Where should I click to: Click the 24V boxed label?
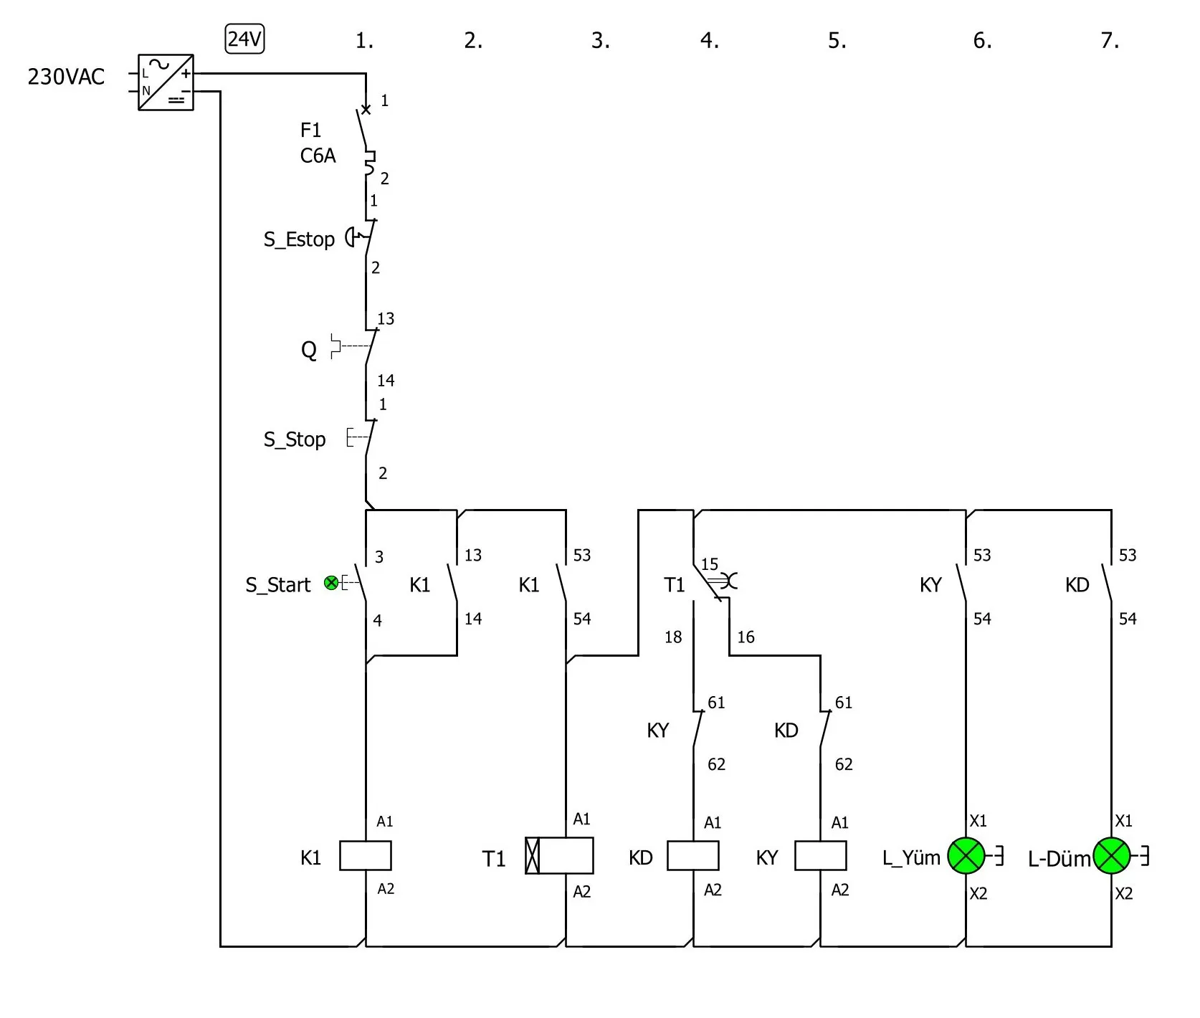pos(244,39)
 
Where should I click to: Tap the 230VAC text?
pos(66,77)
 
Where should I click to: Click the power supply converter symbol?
pos(166,82)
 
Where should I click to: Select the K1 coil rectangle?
pos(365,855)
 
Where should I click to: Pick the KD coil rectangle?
pos(692,855)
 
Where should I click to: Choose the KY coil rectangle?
pos(820,855)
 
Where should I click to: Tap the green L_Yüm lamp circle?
pos(966,855)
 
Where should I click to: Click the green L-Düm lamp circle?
pos(1111,855)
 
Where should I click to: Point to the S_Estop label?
pos(299,239)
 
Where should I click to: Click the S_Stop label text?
pos(295,439)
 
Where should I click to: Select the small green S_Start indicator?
pos(331,583)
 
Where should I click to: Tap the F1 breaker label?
pos(310,130)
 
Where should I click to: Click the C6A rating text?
pos(318,156)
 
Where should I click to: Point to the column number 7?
pos(1109,41)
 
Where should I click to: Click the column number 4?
pos(708,41)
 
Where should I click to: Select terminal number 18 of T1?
pos(672,637)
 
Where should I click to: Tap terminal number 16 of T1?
pos(746,637)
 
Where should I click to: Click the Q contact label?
pos(308,351)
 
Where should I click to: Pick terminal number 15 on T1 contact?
pos(709,564)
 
